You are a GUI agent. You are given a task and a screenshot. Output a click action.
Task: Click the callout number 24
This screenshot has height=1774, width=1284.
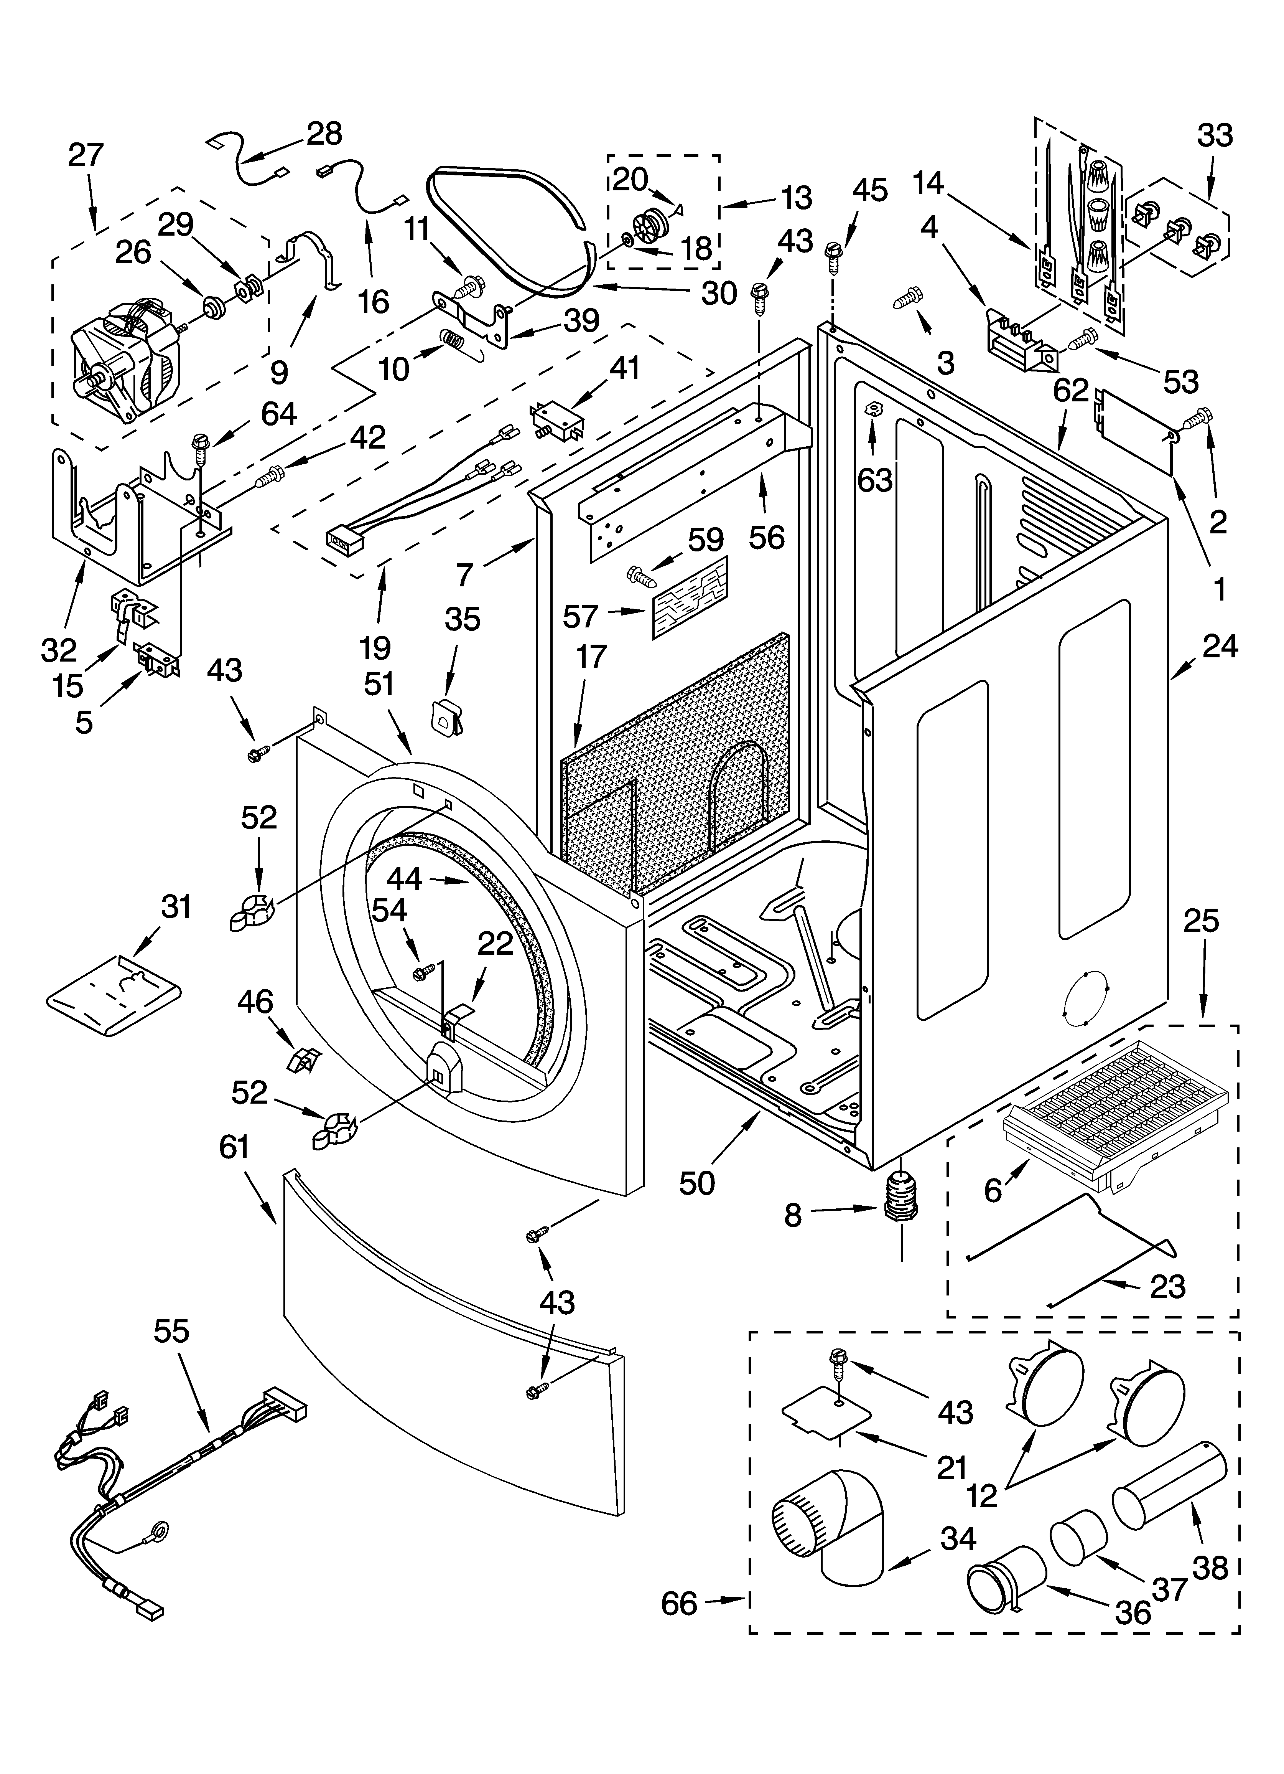(x=1220, y=646)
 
